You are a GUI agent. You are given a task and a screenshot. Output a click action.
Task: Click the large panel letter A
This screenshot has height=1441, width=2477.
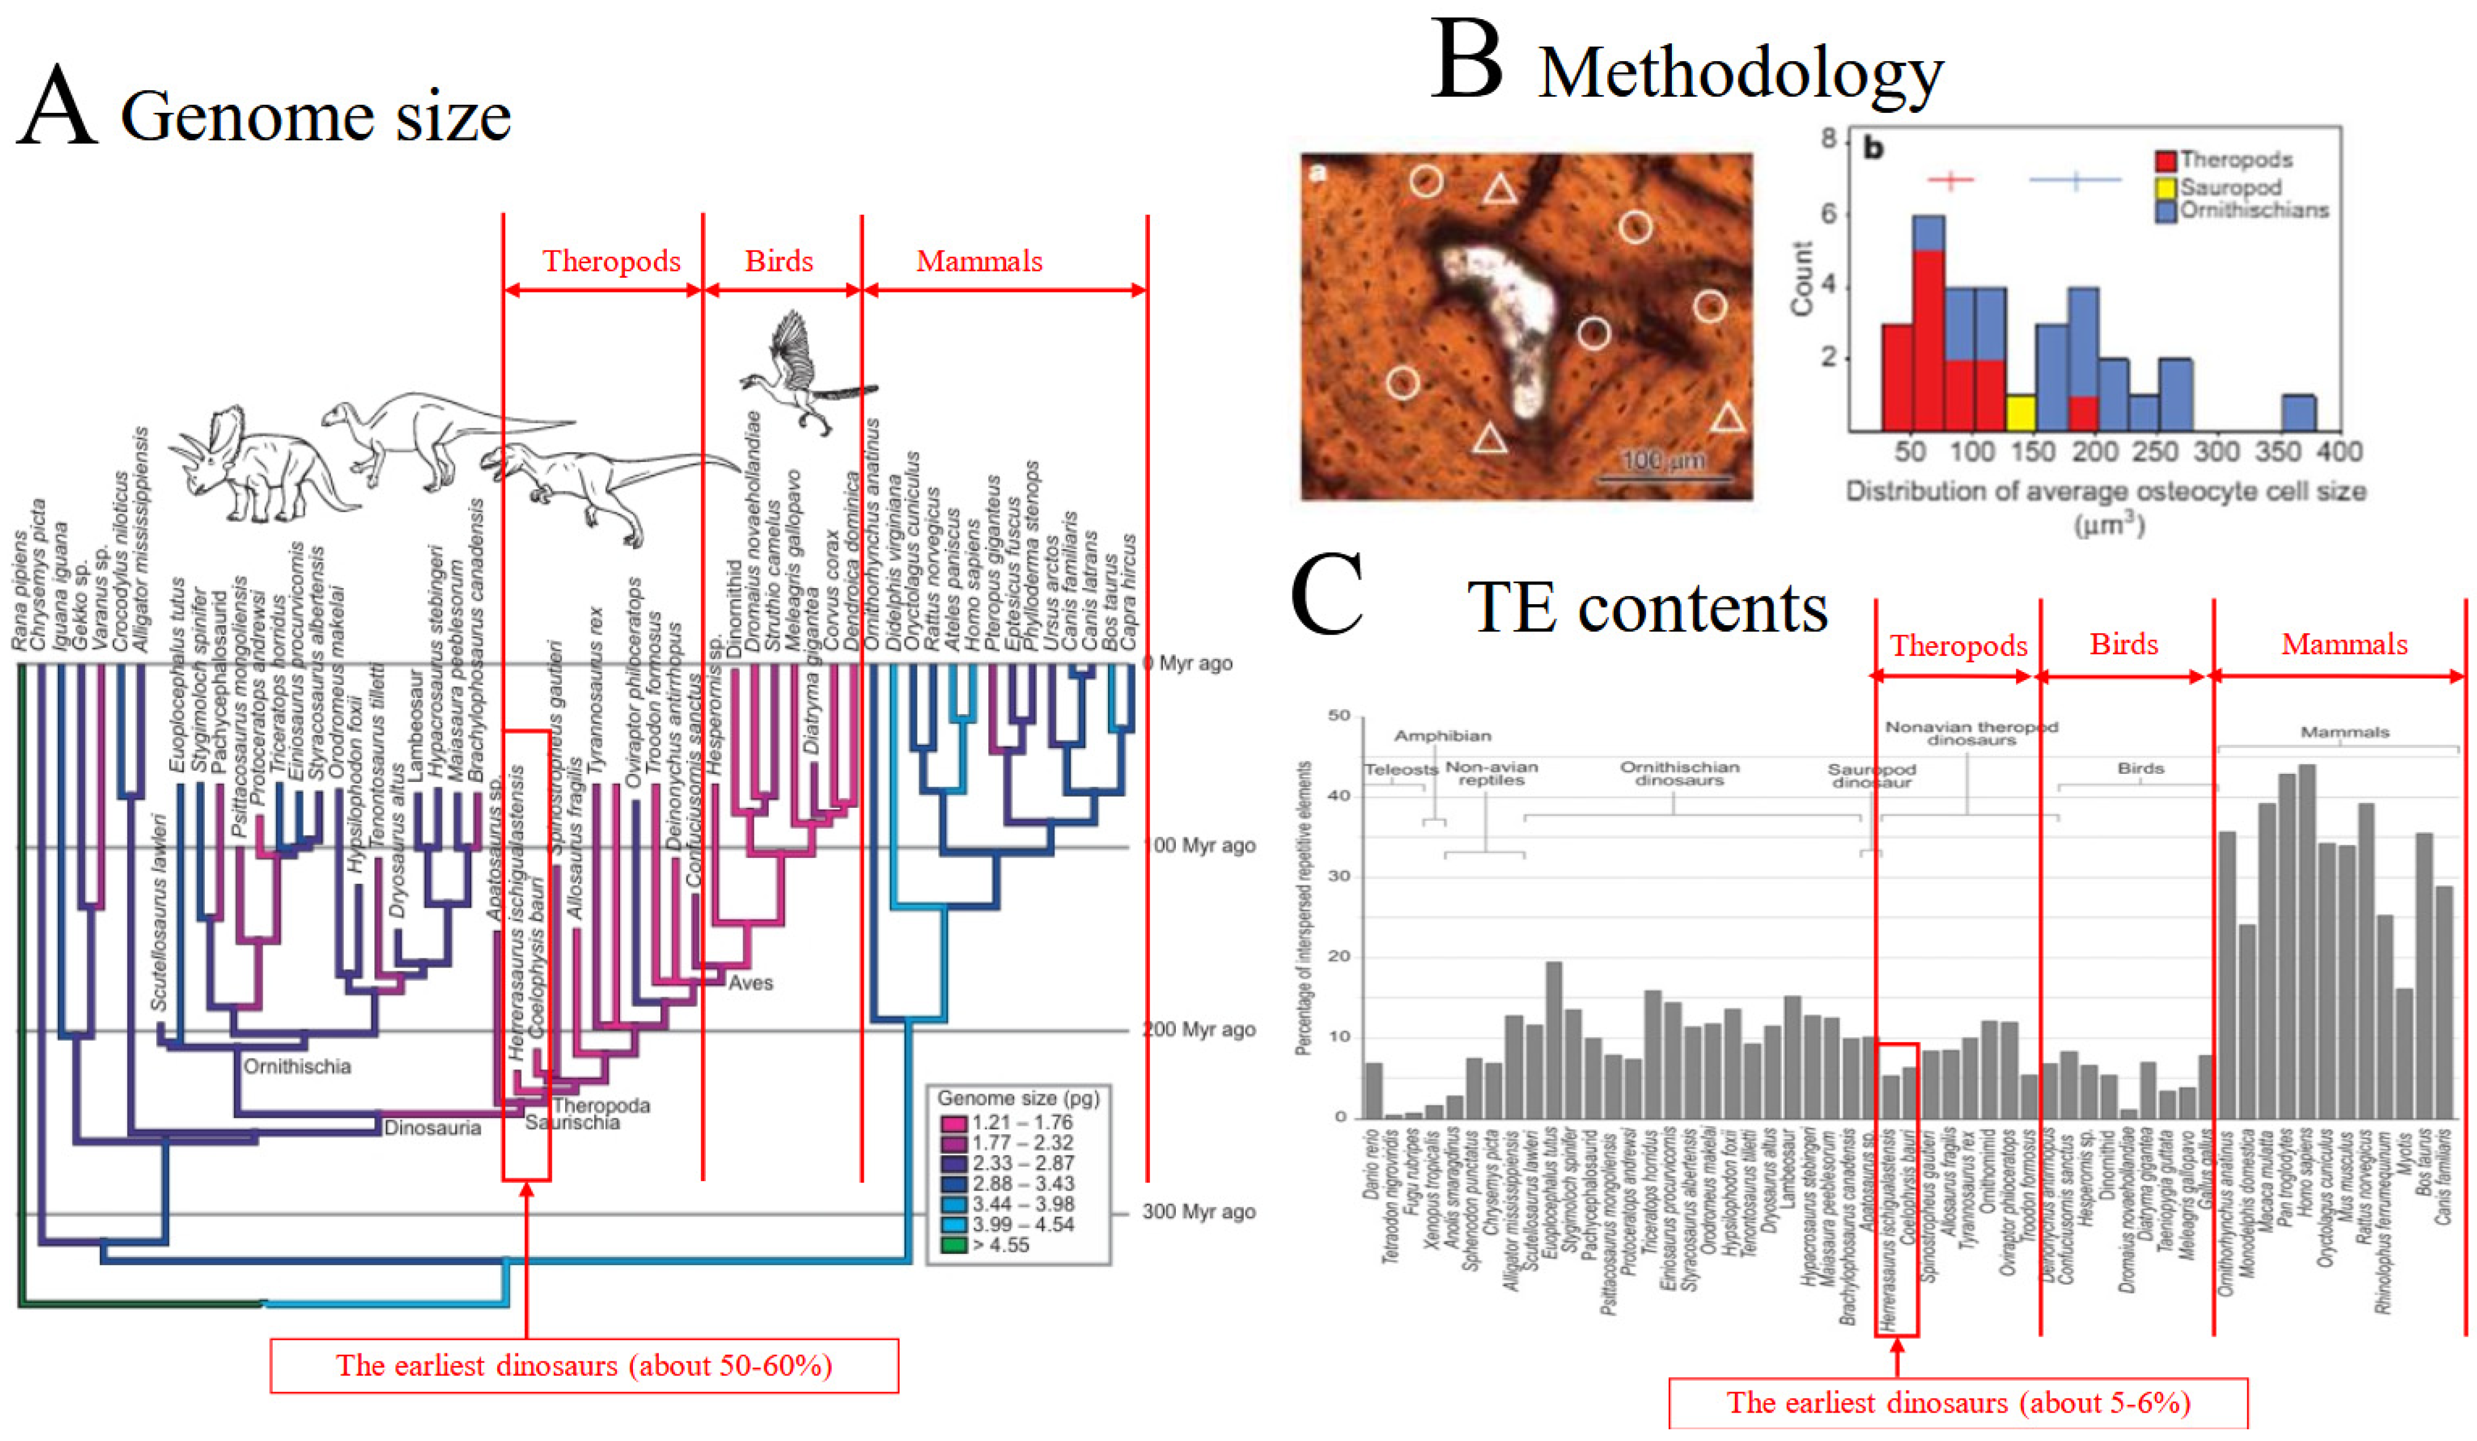click(x=57, y=106)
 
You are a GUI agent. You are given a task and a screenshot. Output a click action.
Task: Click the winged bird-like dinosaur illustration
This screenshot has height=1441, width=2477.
click(x=801, y=373)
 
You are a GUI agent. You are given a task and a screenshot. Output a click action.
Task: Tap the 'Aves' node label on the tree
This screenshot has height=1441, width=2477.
click(x=750, y=983)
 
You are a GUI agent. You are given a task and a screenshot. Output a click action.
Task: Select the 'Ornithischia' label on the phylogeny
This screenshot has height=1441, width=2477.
click(x=297, y=1066)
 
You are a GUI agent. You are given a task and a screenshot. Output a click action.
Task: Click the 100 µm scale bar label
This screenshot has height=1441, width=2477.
click(x=1663, y=459)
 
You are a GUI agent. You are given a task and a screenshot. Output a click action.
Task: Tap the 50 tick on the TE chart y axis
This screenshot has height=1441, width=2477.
click(x=1339, y=716)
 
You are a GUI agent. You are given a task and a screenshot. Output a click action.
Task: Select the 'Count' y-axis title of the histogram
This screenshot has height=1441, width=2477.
click(x=1801, y=278)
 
